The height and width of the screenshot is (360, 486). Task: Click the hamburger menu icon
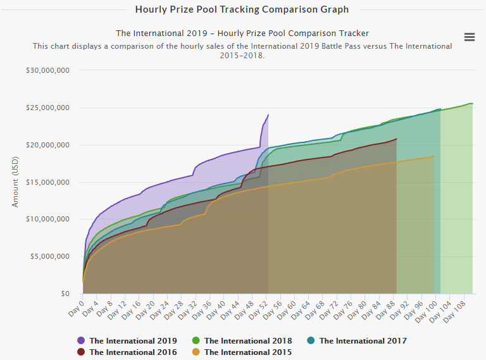coord(470,37)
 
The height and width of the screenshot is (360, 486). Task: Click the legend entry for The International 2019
coord(127,340)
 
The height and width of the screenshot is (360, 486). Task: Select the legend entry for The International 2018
coord(242,340)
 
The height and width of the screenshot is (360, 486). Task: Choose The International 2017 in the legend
coord(356,340)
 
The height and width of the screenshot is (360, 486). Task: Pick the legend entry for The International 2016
coord(127,352)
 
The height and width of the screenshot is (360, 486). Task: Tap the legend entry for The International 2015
coord(242,352)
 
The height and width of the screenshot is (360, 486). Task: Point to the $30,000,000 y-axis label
coord(47,70)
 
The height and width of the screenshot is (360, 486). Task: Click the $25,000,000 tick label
coord(47,108)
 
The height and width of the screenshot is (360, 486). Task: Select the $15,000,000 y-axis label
coord(47,182)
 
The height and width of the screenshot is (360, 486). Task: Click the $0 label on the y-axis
coord(65,294)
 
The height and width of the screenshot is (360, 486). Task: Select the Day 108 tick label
coord(458,309)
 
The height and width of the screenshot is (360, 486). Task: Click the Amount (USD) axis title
coord(16,182)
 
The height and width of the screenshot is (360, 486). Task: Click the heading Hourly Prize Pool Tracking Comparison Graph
coord(242,9)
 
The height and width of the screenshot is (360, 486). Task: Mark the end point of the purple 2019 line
coord(268,115)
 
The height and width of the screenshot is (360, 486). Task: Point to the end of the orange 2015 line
coord(434,156)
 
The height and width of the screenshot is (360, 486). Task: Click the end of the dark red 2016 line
coord(397,139)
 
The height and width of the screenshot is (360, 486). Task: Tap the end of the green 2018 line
coord(472,103)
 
